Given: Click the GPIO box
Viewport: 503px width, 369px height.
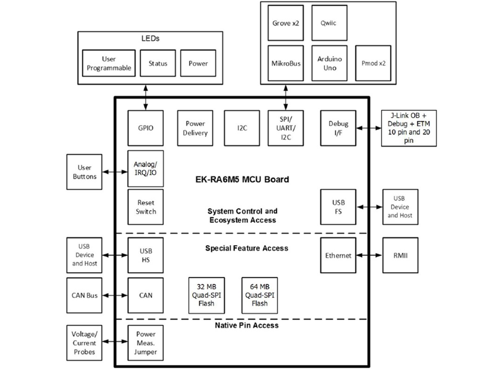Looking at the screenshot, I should (x=146, y=128).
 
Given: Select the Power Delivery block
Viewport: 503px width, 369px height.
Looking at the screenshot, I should (x=195, y=128).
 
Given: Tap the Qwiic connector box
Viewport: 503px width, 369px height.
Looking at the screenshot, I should (x=329, y=23).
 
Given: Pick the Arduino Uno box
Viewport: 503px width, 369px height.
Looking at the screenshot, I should (x=329, y=63).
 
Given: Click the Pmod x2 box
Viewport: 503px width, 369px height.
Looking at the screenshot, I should (x=373, y=63).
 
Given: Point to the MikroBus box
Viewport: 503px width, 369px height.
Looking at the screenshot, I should (x=285, y=63).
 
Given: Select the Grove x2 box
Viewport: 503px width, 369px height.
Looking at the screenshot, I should (x=285, y=23).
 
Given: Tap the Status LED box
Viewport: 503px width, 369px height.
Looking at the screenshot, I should (x=158, y=63).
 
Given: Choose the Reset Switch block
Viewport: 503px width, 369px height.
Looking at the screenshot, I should (x=146, y=207).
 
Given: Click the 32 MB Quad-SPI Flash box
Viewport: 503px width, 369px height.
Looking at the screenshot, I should (x=206, y=295).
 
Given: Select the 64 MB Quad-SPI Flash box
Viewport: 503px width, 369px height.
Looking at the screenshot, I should (x=259, y=295).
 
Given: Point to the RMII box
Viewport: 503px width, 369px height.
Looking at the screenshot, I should (x=401, y=255).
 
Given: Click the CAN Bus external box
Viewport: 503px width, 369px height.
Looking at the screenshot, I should (x=84, y=295).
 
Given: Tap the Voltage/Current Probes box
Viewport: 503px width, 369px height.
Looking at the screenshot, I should (x=84, y=342).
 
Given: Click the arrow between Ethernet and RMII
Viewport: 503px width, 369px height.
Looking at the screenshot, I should (x=369, y=255).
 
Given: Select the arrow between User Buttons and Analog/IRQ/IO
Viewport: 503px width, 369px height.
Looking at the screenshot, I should (x=115, y=172).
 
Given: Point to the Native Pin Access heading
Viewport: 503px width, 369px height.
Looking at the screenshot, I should (x=246, y=325).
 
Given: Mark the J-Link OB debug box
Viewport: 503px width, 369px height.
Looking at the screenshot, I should (x=408, y=128).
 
